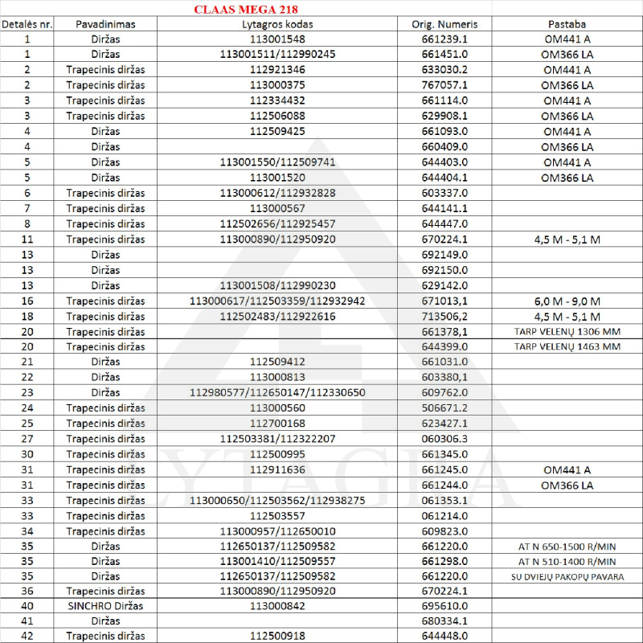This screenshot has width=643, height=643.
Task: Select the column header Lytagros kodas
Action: [276, 24]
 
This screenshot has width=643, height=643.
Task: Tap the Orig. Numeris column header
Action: [445, 24]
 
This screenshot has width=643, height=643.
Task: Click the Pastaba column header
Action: [567, 24]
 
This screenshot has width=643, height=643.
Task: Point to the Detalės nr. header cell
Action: [27, 24]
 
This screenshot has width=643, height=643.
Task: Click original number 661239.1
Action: [445, 39]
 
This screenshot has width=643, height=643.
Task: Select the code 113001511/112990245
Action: [277, 54]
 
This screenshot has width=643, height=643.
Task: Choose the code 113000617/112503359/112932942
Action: [277, 301]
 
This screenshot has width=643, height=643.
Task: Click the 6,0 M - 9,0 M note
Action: [567, 301]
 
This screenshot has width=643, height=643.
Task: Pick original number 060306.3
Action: [445, 439]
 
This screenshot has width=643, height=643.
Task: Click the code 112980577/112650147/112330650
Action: [277, 393]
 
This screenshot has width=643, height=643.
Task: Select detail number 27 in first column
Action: [27, 439]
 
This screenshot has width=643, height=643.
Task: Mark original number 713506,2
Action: [445, 316]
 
